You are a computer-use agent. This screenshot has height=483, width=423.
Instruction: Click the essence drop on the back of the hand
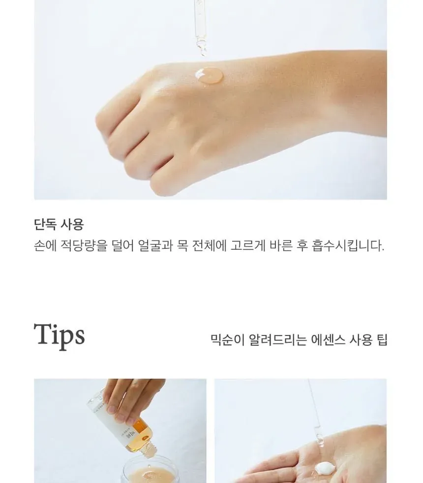pyautogui.click(x=209, y=75)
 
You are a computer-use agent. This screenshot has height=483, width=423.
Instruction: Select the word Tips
pyautogui.click(x=59, y=335)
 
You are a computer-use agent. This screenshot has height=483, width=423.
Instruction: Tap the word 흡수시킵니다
pyautogui.click(x=348, y=245)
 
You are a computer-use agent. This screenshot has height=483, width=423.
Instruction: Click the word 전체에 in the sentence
pyautogui.click(x=209, y=245)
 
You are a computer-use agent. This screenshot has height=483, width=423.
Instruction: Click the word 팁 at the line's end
pyautogui.click(x=382, y=340)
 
